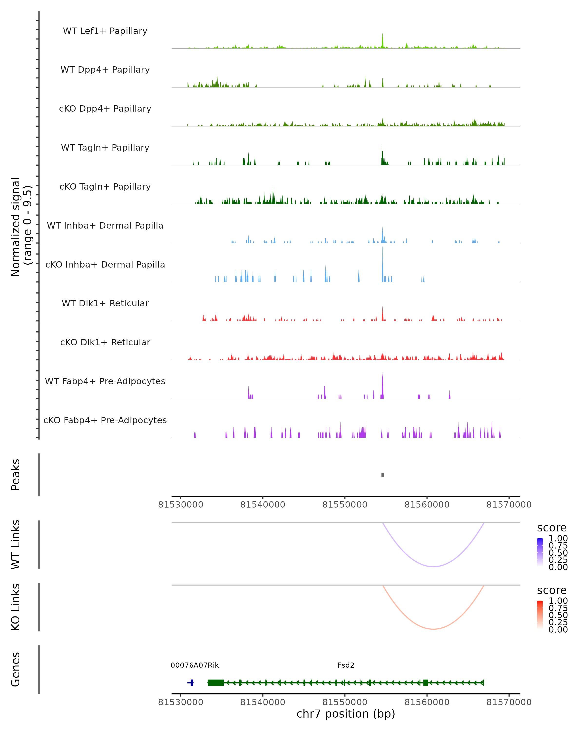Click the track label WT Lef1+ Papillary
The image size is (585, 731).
click(x=105, y=31)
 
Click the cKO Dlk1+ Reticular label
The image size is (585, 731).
click(x=105, y=342)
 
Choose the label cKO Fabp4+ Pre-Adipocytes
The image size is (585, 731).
click(x=105, y=420)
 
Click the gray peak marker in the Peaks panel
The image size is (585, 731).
click(x=382, y=475)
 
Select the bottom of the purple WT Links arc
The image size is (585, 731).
click(x=433, y=566)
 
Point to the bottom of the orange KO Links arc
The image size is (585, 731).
click(x=433, y=629)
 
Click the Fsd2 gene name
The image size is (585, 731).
click(x=346, y=665)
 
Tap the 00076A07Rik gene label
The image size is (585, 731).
click(x=195, y=665)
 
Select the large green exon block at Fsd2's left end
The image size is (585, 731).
click(x=216, y=683)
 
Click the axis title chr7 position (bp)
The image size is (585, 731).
click(x=346, y=714)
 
